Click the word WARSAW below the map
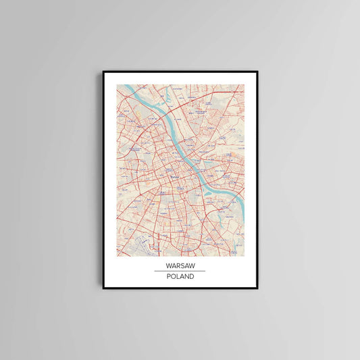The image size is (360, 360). coord(180,265)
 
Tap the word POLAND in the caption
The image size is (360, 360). coord(180,276)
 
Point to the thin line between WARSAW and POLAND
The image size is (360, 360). coord(180,271)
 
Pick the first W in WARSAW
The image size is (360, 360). coord(167,265)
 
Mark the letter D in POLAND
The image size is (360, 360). coord(191,276)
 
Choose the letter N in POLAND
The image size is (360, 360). coord(186,276)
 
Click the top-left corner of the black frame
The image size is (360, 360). coord(103,72)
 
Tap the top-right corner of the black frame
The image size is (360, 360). coord(257,72)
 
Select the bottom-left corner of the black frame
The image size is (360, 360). coord(103,288)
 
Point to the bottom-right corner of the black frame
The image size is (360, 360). coord(257,288)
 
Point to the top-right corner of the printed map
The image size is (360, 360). coord(244,85)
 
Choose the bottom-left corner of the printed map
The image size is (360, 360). coord(117,256)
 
